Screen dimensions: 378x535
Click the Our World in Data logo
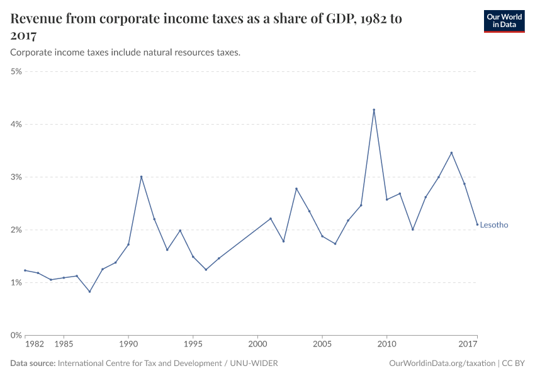[504, 21]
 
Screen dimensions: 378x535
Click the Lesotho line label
[493, 225]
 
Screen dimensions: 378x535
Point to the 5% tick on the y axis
[16, 72]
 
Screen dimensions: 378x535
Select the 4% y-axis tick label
[16, 125]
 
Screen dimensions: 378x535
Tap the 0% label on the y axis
[16, 335]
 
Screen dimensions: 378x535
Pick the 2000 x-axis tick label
[257, 345]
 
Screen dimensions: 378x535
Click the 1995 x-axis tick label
[193, 345]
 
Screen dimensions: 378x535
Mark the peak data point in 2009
[374, 110]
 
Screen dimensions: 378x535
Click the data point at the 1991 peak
[141, 177]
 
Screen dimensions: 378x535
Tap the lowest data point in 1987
[89, 292]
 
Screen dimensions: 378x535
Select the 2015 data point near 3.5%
[451, 152]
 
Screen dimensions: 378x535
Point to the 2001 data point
[271, 219]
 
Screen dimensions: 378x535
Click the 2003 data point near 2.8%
[296, 189]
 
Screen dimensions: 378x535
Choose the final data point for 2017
[477, 224]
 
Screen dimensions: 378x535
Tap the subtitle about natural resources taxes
[125, 53]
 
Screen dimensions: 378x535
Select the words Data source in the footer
[33, 364]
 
